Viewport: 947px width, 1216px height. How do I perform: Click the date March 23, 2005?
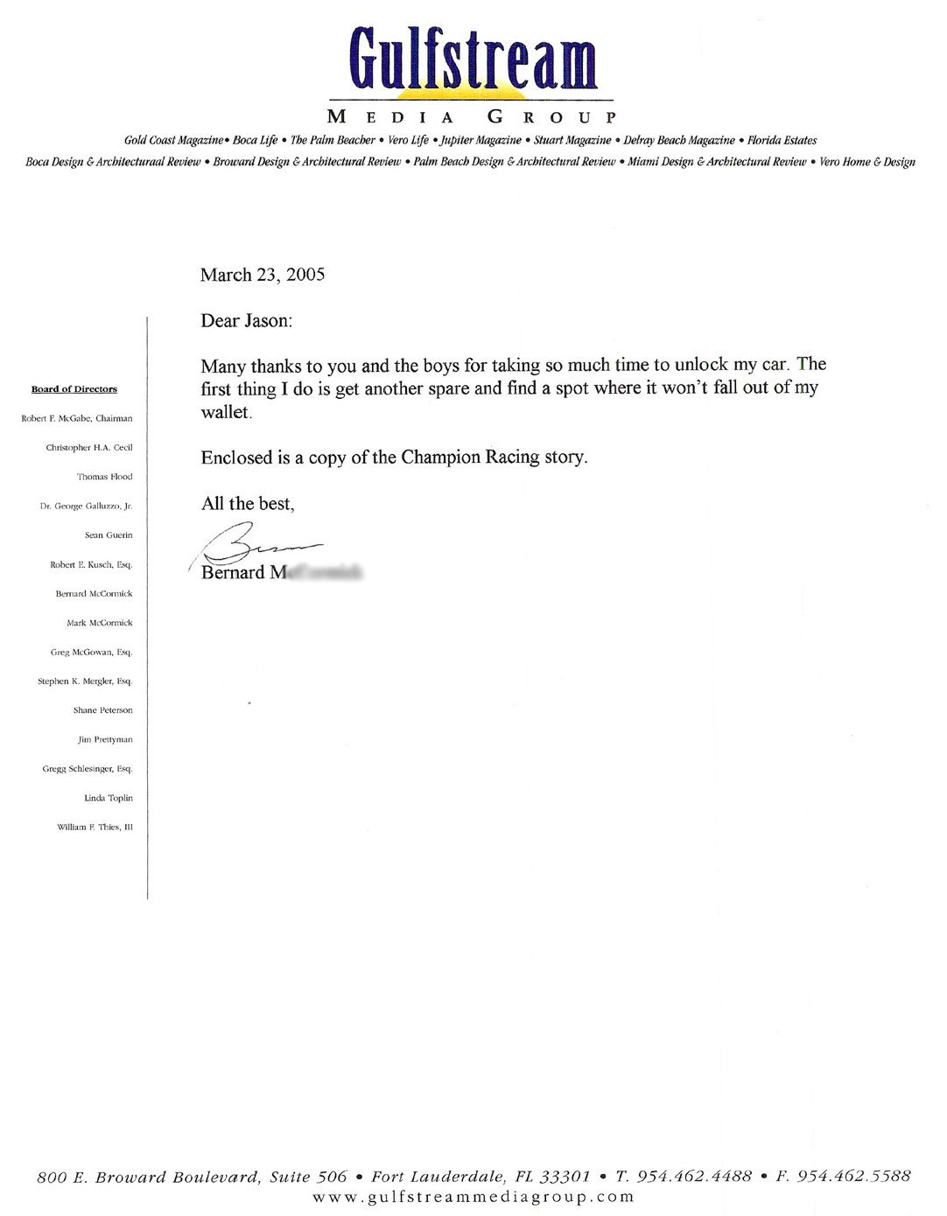[263, 275]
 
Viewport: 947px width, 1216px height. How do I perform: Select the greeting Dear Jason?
[247, 321]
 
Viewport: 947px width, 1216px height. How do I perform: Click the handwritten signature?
[254, 544]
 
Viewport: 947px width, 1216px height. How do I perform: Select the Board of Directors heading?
[74, 389]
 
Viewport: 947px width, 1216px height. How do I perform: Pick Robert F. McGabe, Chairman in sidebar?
[77, 418]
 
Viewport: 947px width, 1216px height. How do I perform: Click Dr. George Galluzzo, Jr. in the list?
[87, 506]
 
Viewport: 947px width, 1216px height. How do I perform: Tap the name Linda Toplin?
[109, 798]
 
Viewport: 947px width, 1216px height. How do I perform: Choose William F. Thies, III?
[95, 827]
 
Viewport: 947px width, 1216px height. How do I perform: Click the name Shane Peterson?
[103, 710]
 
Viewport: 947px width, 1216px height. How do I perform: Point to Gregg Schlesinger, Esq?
[88, 769]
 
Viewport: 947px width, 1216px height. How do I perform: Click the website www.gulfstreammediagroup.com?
[473, 1197]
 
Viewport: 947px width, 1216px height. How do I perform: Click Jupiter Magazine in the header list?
[480, 140]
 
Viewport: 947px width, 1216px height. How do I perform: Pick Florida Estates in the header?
[782, 140]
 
